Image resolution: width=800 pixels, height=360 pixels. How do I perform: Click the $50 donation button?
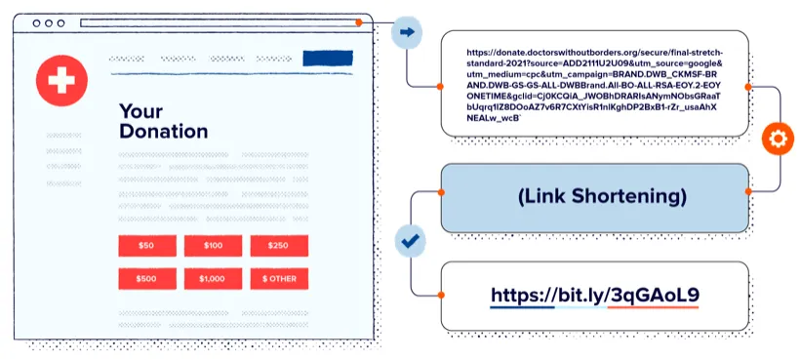[x=147, y=246]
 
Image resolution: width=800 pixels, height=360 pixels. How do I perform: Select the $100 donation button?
[x=213, y=246]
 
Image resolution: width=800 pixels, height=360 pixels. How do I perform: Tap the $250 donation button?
[x=279, y=246]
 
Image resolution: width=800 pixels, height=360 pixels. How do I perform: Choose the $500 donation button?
[x=147, y=279]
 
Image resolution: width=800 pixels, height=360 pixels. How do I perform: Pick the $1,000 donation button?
[x=213, y=279]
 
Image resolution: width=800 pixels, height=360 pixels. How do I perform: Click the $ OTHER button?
[x=279, y=279]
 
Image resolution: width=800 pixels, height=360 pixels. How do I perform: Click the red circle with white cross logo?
[x=61, y=81]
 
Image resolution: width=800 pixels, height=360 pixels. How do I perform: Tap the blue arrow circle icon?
[x=407, y=32]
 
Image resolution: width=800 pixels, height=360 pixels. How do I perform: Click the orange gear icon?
[x=778, y=139]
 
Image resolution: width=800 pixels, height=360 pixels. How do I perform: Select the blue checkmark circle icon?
[x=410, y=241]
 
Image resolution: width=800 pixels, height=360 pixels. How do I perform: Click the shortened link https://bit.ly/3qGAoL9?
[x=594, y=295]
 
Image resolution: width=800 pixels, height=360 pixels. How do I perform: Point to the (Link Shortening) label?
[x=594, y=197]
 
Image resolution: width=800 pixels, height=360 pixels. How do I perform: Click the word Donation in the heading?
[x=163, y=131]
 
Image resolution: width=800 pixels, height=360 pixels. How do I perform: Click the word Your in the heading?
[x=140, y=110]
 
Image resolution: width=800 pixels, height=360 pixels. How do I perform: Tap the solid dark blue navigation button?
[x=328, y=59]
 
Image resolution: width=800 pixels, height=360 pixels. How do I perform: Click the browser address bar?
[x=220, y=23]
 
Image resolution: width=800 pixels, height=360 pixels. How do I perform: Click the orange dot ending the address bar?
[x=359, y=23]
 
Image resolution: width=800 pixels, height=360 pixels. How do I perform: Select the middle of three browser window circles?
[x=49, y=23]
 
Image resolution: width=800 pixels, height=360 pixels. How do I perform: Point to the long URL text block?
[x=594, y=85]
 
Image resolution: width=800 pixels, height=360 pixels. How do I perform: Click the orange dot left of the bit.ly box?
[x=441, y=295]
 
